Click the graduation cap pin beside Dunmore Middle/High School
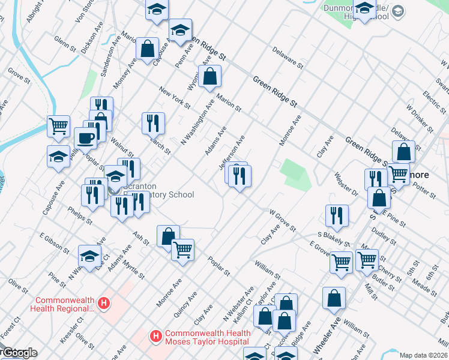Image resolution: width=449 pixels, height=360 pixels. point(364,8)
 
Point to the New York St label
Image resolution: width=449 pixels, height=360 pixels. point(175,98)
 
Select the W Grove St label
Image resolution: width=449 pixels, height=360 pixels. point(282,221)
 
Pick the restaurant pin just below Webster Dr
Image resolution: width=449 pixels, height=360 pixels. point(337,216)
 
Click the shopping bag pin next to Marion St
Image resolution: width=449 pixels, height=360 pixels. point(209,76)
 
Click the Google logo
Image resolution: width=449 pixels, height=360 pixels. point(19,353)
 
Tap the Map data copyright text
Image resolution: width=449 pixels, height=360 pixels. point(424,355)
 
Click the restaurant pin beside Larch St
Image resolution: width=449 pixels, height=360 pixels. point(153,123)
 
